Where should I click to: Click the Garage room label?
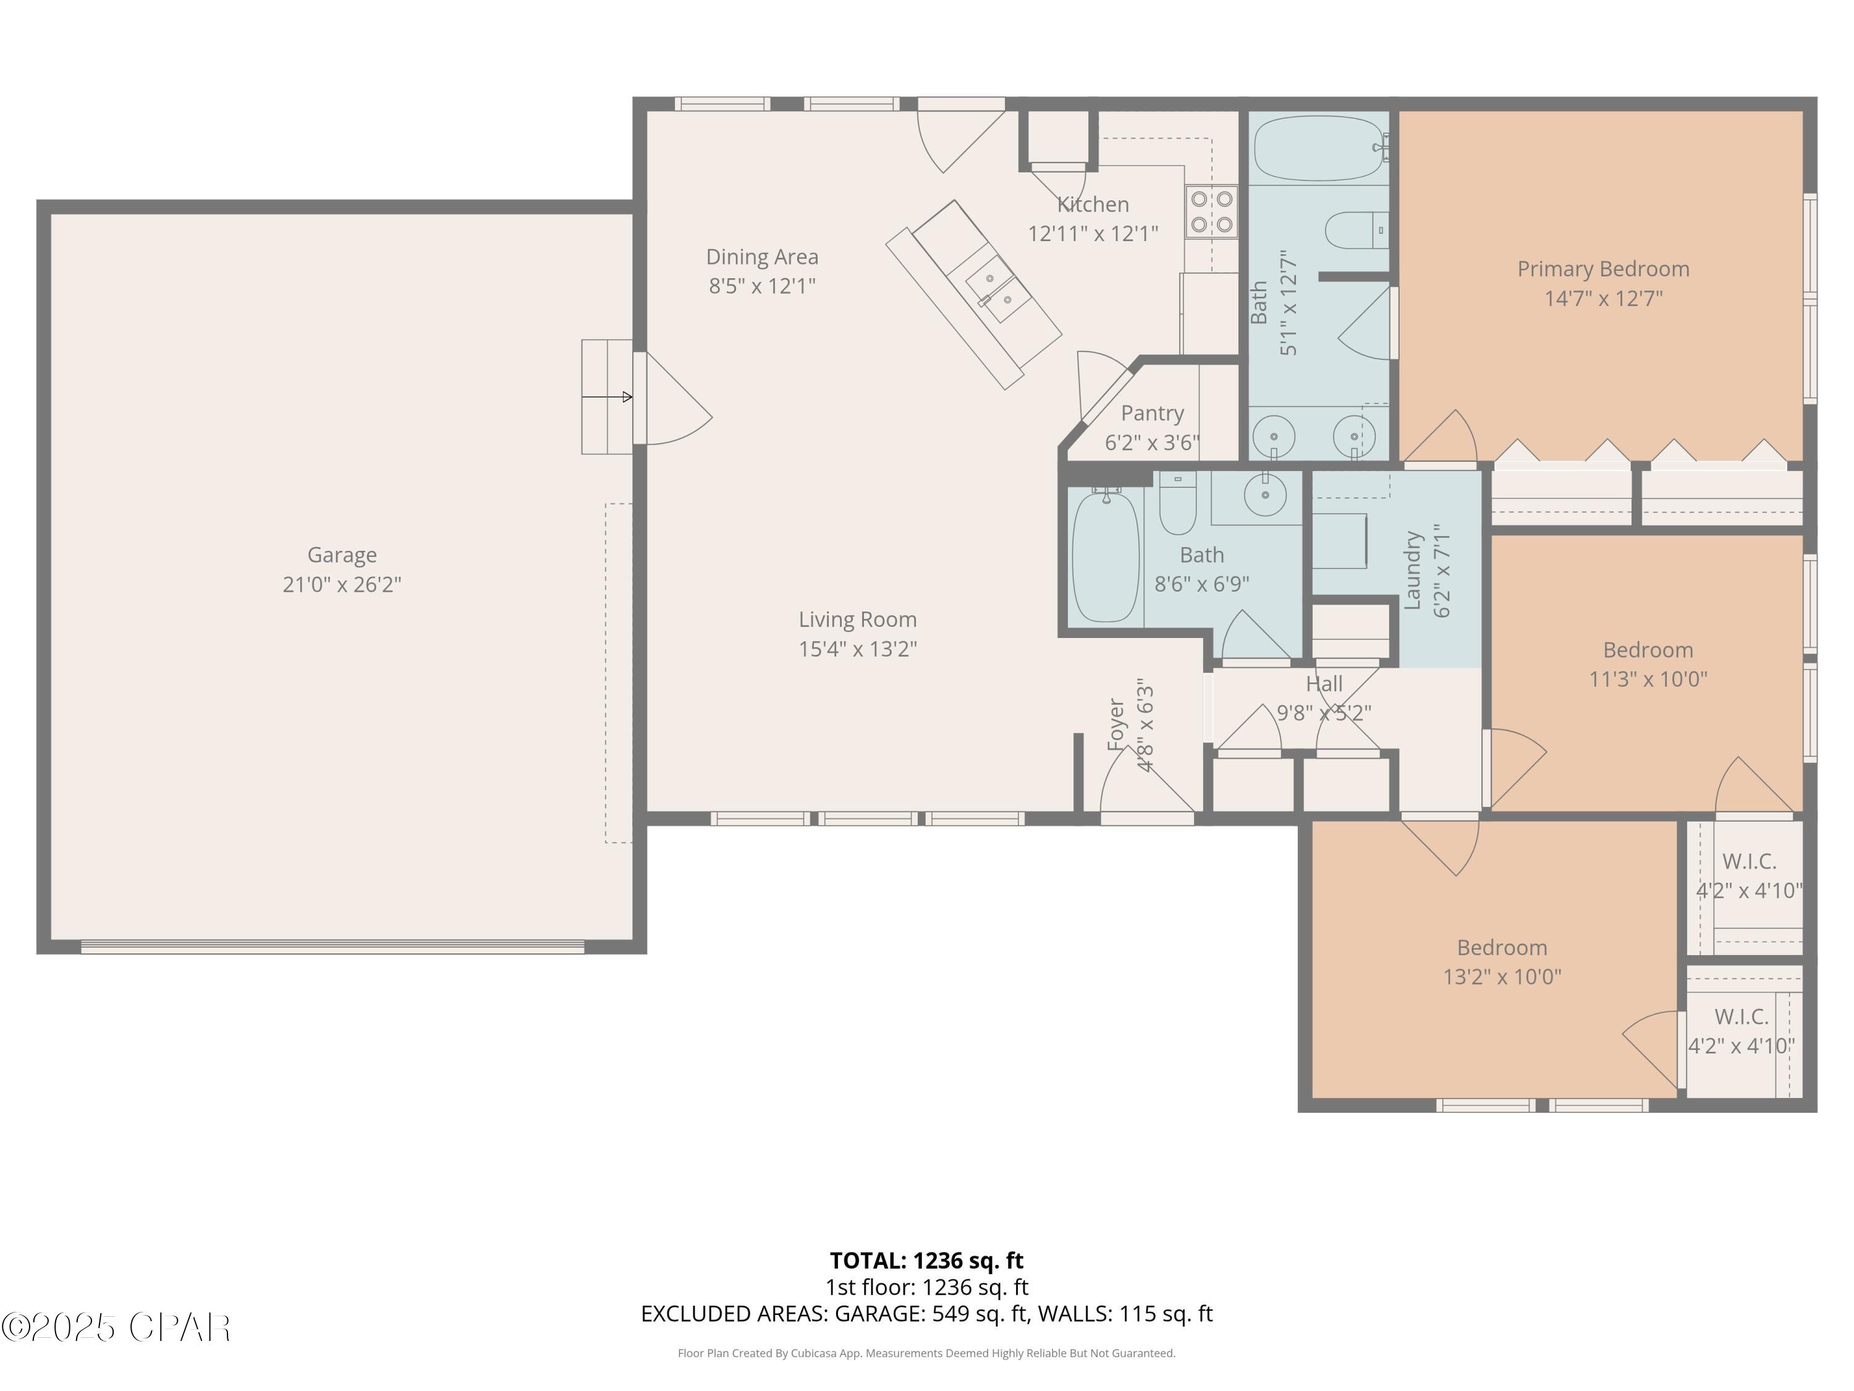[x=342, y=555]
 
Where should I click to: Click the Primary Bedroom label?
[x=1602, y=269]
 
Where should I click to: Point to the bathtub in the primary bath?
[x=1318, y=148]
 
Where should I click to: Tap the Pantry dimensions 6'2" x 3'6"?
[x=1151, y=443]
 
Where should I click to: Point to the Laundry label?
[x=1413, y=570]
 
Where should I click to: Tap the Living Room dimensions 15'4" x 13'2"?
[x=857, y=649]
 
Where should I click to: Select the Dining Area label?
[x=762, y=257]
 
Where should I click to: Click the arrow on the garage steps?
[x=607, y=397]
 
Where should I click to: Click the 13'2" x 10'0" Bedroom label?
[x=1501, y=948]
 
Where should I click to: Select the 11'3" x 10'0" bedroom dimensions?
[x=1648, y=679]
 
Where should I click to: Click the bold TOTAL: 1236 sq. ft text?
[x=926, y=1260]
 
